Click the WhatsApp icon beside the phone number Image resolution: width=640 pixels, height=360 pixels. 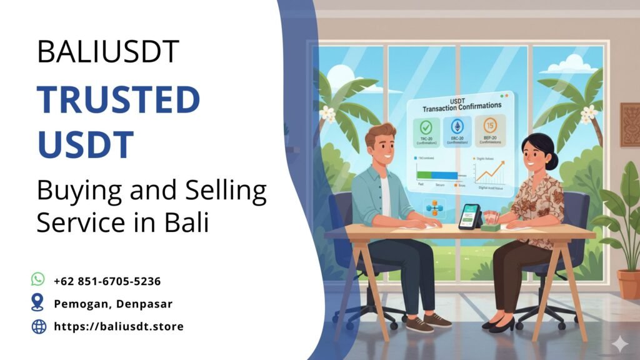pyautogui.click(x=38, y=279)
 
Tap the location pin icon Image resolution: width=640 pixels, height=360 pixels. pyautogui.click(x=38, y=302)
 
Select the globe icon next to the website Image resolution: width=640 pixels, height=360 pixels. pyautogui.click(x=39, y=326)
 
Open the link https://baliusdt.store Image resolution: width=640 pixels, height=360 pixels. pyautogui.click(x=119, y=326)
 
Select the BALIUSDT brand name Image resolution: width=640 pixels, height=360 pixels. pyautogui.click(x=108, y=52)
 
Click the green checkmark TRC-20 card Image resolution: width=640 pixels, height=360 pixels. pyautogui.click(x=425, y=132)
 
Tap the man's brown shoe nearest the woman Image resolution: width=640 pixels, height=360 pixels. pyautogui.click(x=437, y=321)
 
